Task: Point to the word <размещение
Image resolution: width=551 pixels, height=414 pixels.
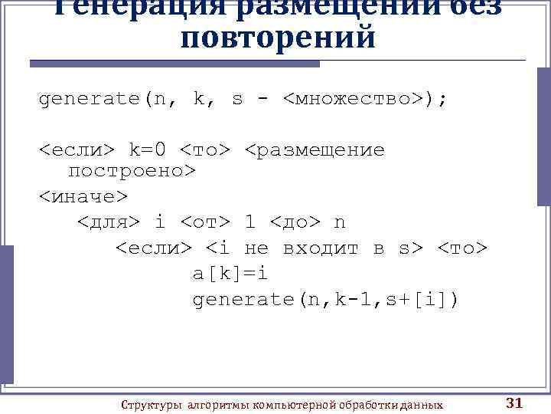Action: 315,149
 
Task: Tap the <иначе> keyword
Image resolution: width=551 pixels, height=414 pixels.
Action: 83,197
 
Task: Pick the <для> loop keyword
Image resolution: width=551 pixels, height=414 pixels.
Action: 109,222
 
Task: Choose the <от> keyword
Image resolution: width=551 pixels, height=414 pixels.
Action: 205,222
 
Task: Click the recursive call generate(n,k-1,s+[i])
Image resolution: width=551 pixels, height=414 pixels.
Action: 326,299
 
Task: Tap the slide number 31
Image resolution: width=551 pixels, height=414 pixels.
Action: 514,403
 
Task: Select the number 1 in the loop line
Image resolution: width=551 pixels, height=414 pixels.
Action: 249,222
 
